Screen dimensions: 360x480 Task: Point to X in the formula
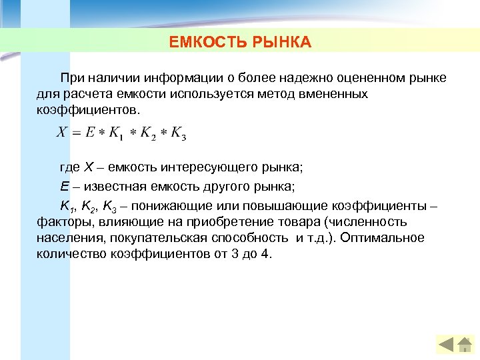click(61, 132)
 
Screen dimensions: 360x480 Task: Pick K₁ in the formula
click(115, 133)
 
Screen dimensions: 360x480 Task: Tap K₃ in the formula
click(179, 133)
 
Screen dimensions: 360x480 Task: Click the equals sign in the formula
click(76, 133)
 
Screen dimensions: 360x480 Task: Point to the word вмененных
click(337, 94)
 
